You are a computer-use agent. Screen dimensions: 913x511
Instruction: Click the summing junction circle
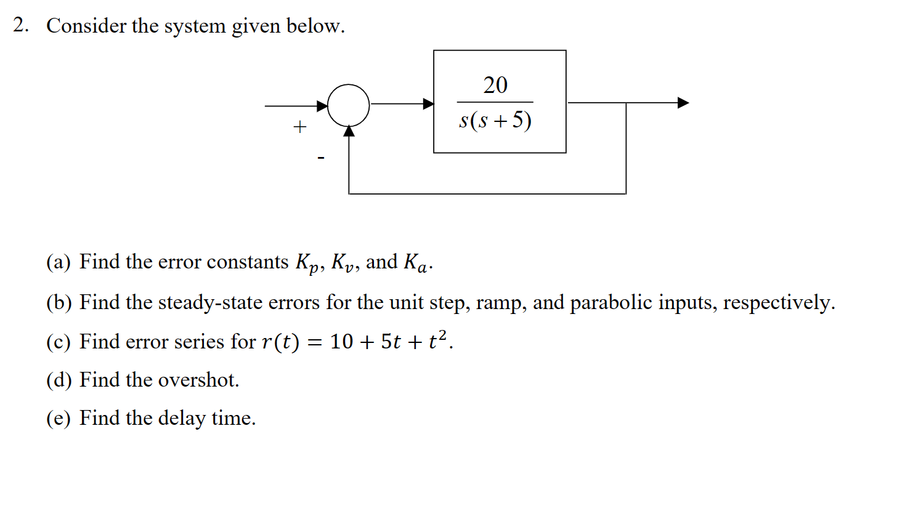[x=349, y=105]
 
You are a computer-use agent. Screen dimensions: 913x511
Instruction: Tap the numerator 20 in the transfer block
[x=495, y=85]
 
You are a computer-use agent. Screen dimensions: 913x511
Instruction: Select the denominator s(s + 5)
[x=495, y=120]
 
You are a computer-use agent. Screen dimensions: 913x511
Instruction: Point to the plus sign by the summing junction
[x=300, y=127]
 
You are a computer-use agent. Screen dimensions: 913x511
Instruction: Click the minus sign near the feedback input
[x=320, y=158]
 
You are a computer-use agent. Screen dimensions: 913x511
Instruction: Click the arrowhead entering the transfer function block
[x=428, y=103]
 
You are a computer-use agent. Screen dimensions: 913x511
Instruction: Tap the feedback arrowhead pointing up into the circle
[x=349, y=131]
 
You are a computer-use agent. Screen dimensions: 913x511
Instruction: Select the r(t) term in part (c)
[x=280, y=342]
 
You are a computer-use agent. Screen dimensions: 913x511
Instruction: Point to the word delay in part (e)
[x=182, y=419]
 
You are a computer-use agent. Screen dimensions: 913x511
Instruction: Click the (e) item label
[x=59, y=419]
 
